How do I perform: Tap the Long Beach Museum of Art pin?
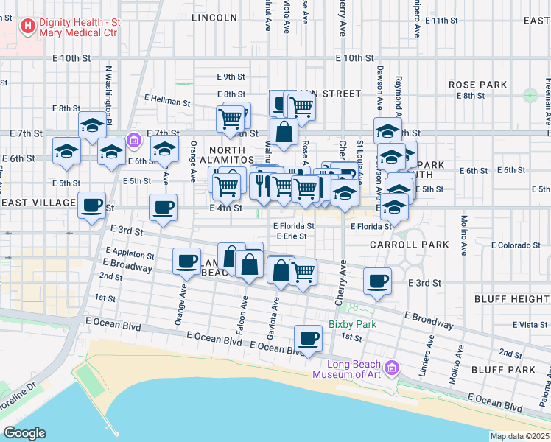pos(392,367)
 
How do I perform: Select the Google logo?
pos(24,433)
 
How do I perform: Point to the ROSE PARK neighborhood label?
pos(477,85)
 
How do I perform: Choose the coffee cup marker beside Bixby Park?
pos(308,339)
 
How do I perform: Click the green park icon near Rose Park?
pos(530,95)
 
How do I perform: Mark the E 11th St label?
pos(440,20)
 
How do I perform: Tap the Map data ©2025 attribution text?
pos(519,436)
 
